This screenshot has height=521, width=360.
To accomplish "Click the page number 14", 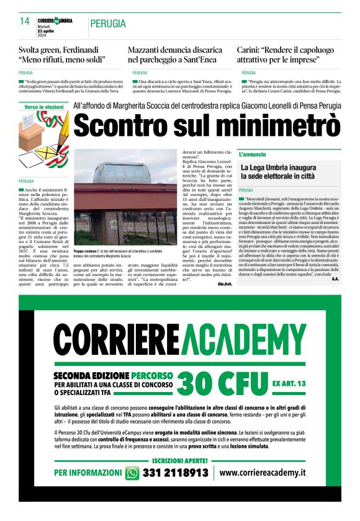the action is click(25, 21).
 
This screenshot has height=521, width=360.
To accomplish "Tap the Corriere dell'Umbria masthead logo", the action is click(55, 20).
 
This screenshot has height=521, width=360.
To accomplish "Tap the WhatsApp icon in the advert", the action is click(132, 473).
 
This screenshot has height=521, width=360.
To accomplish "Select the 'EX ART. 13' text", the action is click(289, 384).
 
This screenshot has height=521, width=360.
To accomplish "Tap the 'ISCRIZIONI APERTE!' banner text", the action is click(179, 460).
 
